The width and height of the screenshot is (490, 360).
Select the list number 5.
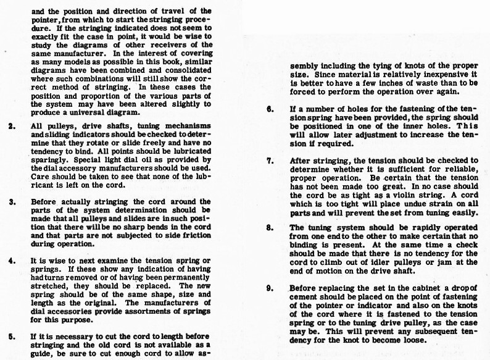pyautogui.click(x=13, y=336)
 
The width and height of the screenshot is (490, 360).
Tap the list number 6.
pyautogui.click(x=270, y=109)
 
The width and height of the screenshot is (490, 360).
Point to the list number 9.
pyautogui.click(x=270, y=287)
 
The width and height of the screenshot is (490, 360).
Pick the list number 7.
pyautogui.click(x=270, y=160)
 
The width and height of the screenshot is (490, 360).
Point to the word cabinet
pyautogui.click(x=413, y=288)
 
